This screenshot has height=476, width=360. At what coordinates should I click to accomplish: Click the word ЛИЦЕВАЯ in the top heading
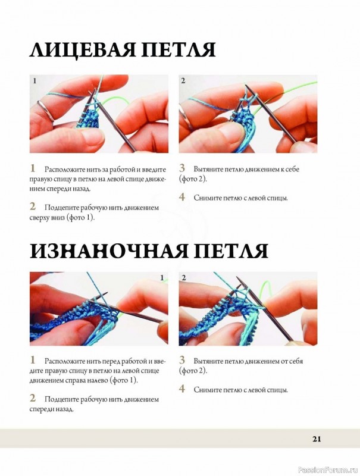pos(82,50)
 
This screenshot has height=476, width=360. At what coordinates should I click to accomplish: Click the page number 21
pos(317,439)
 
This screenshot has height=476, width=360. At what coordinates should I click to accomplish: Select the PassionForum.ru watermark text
pos(328,470)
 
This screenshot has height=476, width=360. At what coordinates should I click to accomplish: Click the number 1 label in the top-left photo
pos(35,81)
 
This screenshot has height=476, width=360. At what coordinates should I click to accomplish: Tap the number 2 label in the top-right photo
pos(183,81)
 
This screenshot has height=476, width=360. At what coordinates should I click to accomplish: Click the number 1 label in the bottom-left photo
pos(162,278)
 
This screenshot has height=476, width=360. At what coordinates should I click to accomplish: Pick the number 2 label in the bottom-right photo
pos(184,278)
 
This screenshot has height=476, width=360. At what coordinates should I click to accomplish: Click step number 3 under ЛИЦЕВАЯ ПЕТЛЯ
pos(182,168)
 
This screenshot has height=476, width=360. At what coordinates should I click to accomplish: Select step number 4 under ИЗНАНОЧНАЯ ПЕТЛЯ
pos(182,389)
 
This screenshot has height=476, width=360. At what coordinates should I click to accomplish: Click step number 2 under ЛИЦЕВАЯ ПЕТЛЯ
pos(33,206)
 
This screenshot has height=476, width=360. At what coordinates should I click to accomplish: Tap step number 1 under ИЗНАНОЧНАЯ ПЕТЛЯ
pos(32,360)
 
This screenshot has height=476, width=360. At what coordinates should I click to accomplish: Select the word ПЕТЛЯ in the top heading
pos(179,50)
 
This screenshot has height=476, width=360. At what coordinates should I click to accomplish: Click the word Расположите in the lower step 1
pos(65,361)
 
